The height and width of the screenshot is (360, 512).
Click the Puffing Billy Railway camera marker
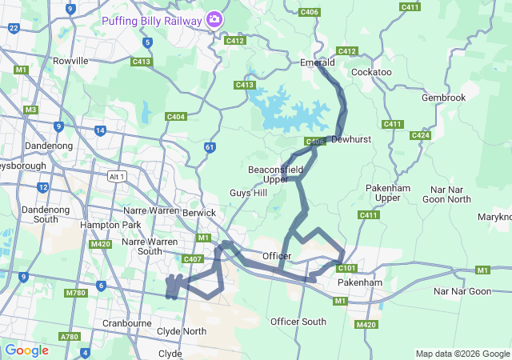click(x=214, y=19)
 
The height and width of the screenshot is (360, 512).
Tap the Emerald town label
click(x=317, y=61)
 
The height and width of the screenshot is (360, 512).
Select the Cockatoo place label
click(x=371, y=72)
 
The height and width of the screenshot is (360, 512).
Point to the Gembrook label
click(x=443, y=98)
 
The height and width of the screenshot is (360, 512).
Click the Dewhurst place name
click(x=351, y=138)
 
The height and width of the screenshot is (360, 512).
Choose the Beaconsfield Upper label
click(x=275, y=174)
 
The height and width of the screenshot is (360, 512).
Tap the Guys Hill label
click(x=249, y=193)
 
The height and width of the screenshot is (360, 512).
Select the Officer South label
click(x=298, y=321)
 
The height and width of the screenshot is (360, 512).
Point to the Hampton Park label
click(x=99, y=225)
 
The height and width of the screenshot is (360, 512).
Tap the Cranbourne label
click(x=127, y=323)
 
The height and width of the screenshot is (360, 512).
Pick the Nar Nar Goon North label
click(x=446, y=194)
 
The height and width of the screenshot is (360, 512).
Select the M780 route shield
click(x=75, y=293)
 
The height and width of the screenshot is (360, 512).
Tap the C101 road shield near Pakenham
click(x=346, y=268)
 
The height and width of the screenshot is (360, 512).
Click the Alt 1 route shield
click(x=117, y=176)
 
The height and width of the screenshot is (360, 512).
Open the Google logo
click(x=26, y=350)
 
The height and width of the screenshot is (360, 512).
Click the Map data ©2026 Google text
click(x=462, y=354)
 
